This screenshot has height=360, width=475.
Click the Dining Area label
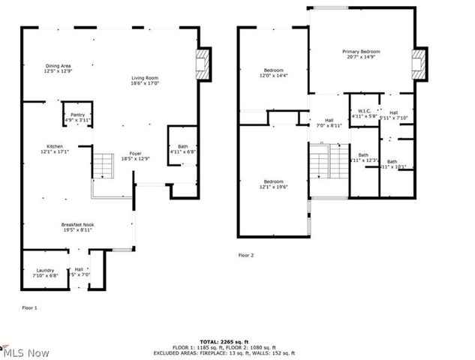click(58, 68)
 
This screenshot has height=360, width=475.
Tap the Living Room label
click(146, 81)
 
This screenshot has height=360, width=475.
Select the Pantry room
click(77, 117)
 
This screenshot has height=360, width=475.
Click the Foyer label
click(135, 155)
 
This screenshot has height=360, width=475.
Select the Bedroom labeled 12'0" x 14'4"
click(273, 73)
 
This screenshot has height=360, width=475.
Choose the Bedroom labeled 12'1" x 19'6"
click(273, 184)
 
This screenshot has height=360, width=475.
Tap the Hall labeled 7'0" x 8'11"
click(329, 123)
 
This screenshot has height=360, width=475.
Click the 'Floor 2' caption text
click(246, 256)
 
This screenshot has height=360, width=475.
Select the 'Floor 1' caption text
click(29, 308)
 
